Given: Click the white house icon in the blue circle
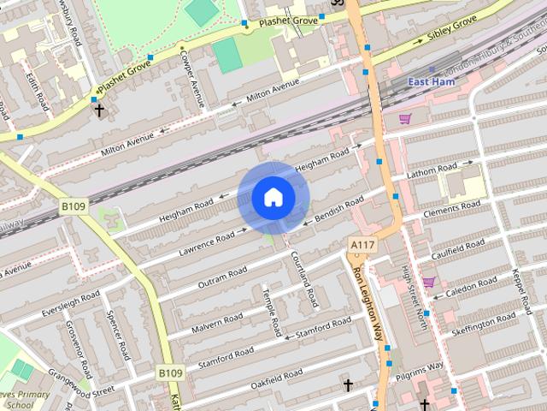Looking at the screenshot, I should coord(273,197).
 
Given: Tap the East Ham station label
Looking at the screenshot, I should coord(432,82).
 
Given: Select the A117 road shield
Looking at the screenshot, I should coord(362,246).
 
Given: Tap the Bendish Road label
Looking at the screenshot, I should coord(339,208).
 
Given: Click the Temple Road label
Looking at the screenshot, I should coord(272,311).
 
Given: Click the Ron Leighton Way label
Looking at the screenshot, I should coord(368,303).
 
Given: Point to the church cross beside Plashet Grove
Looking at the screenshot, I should coord(99,110).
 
